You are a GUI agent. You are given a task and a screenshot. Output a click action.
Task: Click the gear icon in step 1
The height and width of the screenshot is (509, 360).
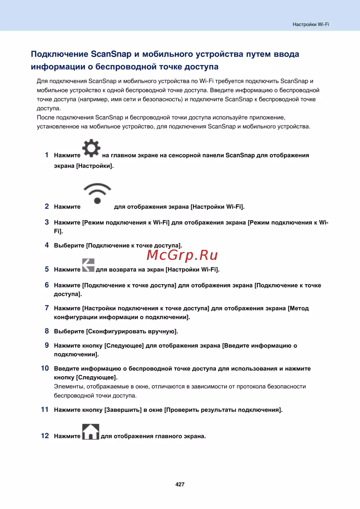[91, 148]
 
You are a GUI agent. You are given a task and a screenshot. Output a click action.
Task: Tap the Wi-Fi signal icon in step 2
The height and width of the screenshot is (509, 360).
[97, 193]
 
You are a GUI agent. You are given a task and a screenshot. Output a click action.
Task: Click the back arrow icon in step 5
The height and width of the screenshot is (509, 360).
[88, 265]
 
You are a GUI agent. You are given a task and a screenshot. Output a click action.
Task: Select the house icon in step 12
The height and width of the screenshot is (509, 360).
[91, 432]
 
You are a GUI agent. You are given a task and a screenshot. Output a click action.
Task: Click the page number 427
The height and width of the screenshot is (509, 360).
[180, 485]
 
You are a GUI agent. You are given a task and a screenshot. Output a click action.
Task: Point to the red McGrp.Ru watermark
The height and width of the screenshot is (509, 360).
[182, 255]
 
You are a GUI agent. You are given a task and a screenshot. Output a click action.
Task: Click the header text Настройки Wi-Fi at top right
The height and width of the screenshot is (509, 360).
[311, 24]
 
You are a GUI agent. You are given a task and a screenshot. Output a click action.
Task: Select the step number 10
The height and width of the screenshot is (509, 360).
[45, 368]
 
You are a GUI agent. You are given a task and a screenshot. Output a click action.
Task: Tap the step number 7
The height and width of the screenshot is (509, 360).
[47, 308]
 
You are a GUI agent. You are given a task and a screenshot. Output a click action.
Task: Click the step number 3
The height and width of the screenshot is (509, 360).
[47, 222]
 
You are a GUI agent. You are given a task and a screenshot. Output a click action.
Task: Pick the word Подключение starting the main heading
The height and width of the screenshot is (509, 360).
[59, 54]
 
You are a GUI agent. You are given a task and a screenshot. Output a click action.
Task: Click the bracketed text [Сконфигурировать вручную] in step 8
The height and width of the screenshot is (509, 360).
[132, 331]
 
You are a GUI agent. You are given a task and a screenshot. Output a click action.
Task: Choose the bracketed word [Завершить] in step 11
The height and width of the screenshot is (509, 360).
[123, 410]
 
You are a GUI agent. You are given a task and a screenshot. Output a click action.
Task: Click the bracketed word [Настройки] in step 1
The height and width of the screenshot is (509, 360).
[95, 166]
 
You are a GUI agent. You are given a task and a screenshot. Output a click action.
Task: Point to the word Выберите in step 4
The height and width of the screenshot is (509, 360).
[69, 246]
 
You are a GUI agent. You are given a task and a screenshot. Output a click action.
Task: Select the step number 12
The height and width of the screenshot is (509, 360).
[45, 436]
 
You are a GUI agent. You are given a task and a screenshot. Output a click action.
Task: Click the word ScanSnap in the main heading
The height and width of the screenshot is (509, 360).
[111, 54]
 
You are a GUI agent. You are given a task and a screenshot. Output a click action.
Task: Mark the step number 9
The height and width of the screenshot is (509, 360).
[47, 345]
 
